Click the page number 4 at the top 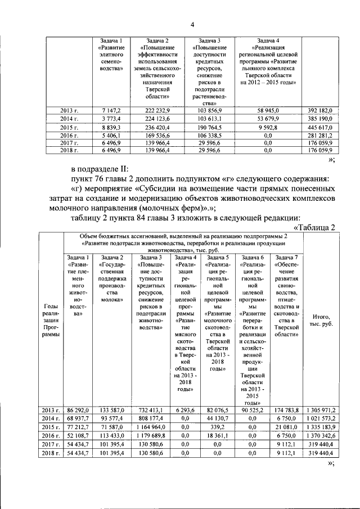pos(191,23)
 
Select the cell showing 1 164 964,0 pos(151,427)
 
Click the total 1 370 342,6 pos(320,435)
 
